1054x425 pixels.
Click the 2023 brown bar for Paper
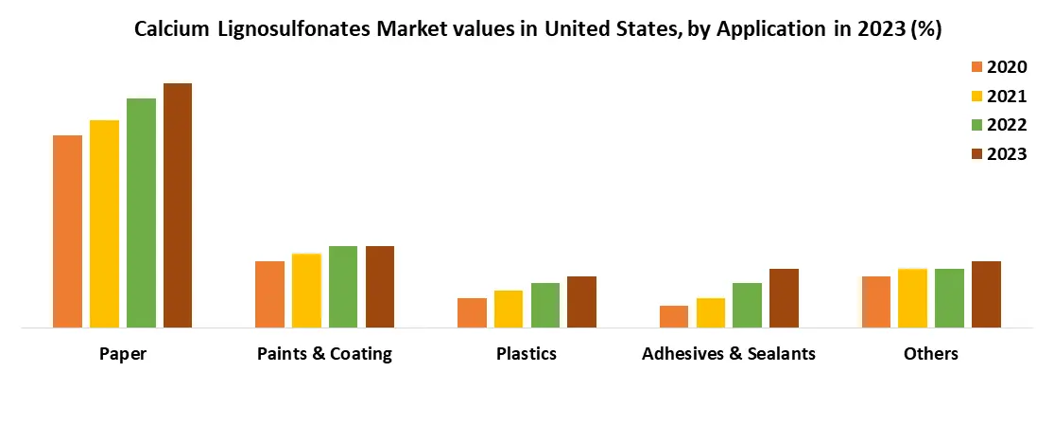[x=178, y=205]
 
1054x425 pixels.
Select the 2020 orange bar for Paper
[x=67, y=232]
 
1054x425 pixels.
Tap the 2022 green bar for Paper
[x=141, y=213]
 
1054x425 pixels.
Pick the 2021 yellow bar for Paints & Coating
[x=306, y=291]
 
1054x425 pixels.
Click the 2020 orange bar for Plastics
[x=472, y=313]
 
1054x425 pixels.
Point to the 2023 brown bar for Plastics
[x=582, y=302]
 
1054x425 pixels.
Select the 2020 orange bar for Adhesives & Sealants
[x=674, y=317]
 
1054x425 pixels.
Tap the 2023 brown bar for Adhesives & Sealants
[x=785, y=298]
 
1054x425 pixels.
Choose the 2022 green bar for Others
[x=949, y=298]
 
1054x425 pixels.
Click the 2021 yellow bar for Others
[x=912, y=298]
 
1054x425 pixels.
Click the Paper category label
[x=122, y=354]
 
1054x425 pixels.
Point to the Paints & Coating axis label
[x=324, y=354]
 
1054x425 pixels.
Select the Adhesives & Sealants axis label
[x=728, y=354]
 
